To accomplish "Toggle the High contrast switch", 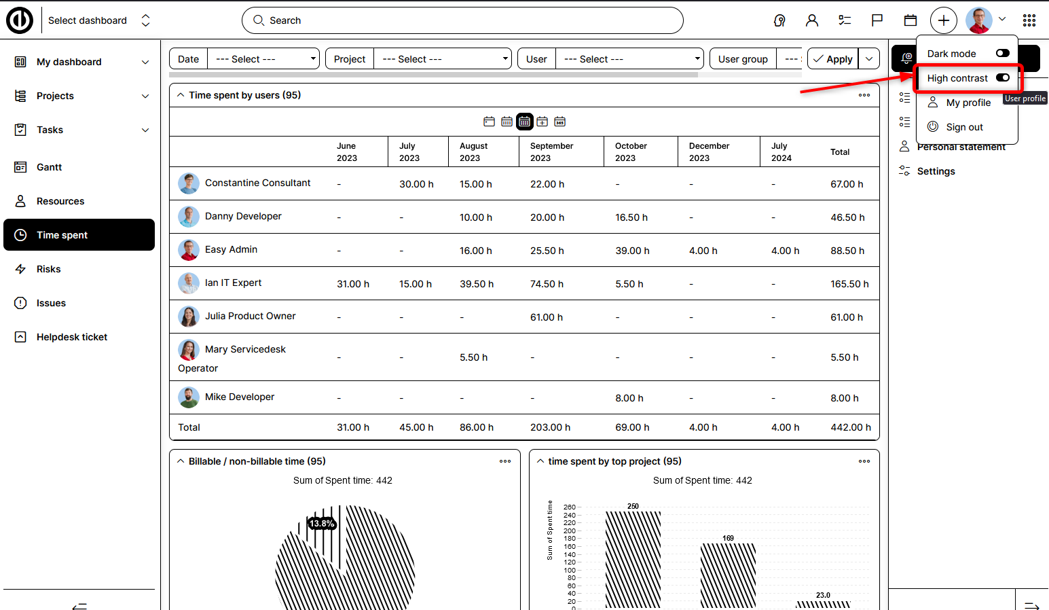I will click(1002, 77).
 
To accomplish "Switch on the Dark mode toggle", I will click(1002, 53).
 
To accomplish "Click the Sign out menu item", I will click(964, 127).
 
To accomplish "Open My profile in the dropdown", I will click(968, 103).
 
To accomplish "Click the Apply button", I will click(833, 59).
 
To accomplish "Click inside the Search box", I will click(462, 20).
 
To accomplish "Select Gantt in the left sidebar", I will click(49, 167).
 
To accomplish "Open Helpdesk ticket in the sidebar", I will click(71, 337).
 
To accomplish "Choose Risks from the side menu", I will click(48, 269).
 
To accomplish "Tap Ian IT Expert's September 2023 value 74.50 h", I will click(547, 284).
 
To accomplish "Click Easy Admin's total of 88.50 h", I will click(847, 251).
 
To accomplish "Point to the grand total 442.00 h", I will click(851, 427).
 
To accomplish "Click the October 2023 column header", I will click(631, 151).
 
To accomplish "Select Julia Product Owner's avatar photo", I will click(188, 317).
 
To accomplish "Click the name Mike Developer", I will click(240, 397).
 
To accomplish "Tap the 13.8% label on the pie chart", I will click(322, 524).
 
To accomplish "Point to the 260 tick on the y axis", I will click(569, 507).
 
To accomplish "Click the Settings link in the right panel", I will click(936, 171).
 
